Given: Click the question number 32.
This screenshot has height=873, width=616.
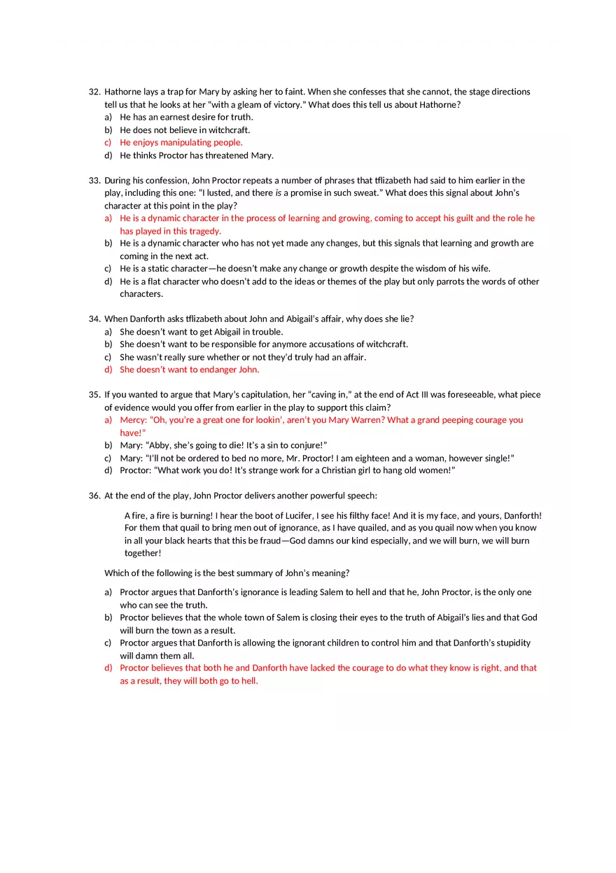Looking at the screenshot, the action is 94,92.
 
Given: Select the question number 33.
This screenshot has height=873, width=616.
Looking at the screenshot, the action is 94,181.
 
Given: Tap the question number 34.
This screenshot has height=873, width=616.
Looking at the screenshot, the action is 94,319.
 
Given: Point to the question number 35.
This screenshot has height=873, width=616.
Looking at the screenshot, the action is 94,395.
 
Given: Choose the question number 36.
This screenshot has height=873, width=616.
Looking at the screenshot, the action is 94,496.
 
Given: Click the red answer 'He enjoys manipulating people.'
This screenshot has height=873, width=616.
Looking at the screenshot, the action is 181,143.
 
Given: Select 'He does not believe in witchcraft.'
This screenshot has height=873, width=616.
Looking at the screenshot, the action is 185,130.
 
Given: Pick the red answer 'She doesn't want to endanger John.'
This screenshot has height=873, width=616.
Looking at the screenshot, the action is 189,370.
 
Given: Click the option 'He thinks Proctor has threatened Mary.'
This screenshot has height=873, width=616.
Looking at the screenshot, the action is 197,155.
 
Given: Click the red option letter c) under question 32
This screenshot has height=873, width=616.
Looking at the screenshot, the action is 108,143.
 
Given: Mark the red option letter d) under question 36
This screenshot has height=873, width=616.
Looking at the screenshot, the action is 108,668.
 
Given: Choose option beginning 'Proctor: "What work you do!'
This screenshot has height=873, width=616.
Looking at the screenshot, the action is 288,470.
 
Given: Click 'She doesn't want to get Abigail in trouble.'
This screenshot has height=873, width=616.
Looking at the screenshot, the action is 202,332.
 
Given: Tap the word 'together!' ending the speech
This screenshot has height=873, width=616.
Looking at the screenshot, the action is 143,553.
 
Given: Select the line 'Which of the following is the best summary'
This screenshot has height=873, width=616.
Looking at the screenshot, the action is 227,573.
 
